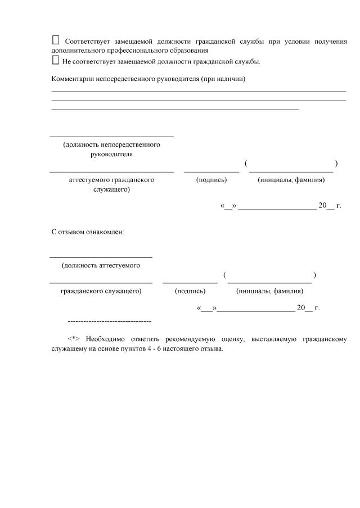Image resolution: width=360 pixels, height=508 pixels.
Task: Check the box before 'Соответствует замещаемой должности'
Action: (x=55, y=40)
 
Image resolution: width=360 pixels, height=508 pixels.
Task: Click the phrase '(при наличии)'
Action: (x=226, y=79)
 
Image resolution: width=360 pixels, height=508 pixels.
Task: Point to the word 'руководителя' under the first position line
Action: (x=111, y=153)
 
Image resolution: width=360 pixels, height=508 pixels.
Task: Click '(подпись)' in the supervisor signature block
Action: (x=211, y=180)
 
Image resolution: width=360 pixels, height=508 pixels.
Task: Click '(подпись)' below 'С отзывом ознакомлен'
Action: (x=190, y=291)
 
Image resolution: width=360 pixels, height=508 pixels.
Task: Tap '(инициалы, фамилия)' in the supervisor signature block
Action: (x=291, y=180)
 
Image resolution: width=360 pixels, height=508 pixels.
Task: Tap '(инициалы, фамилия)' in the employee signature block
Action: (x=270, y=291)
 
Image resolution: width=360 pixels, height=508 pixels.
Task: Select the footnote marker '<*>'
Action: (x=74, y=339)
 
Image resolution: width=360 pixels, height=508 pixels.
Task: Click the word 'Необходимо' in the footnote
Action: (x=106, y=339)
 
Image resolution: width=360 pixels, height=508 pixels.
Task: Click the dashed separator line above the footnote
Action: (x=109, y=321)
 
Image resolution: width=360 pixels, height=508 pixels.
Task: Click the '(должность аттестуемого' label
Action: (x=101, y=265)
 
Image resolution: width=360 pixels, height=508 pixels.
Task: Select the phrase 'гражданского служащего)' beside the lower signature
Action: (x=101, y=291)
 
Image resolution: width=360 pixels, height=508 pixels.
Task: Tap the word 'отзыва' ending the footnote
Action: (x=212, y=348)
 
